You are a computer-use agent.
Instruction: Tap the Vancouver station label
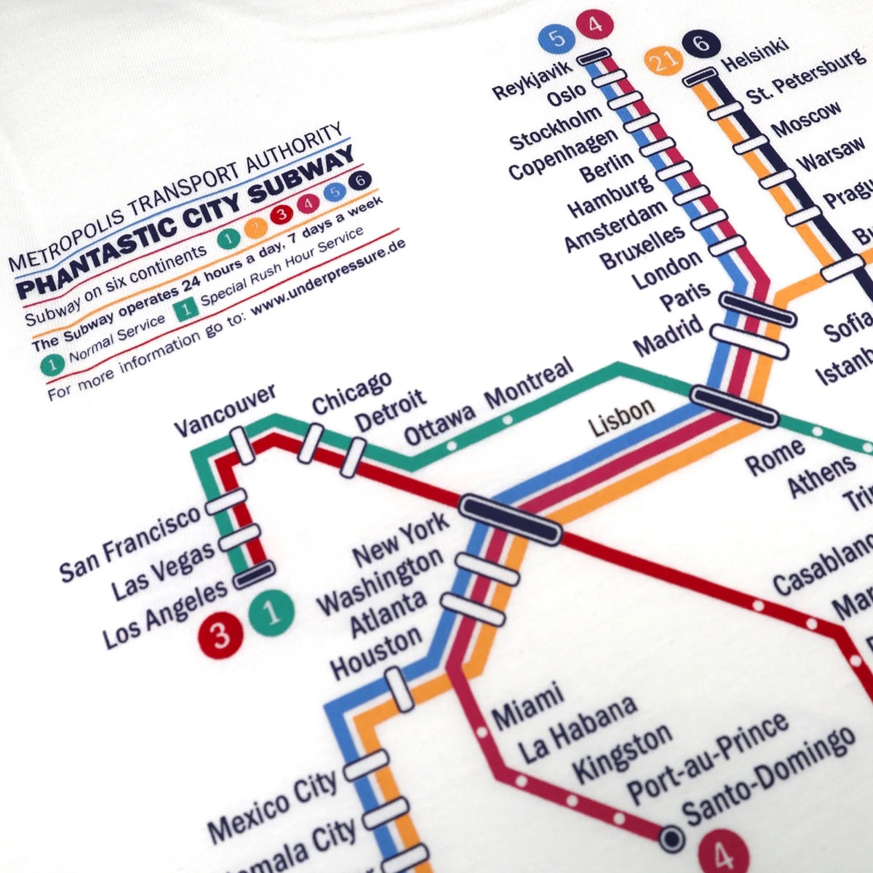(x=225, y=412)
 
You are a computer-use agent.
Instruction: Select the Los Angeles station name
(x=164, y=615)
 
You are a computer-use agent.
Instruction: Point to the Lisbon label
(x=622, y=418)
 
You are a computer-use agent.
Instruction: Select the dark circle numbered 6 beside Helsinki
(x=701, y=44)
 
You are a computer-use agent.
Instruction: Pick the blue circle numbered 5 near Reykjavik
(x=559, y=38)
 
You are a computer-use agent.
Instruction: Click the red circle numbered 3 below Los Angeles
(x=219, y=633)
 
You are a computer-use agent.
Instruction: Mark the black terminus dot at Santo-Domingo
(x=671, y=839)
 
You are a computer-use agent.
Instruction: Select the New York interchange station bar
(x=512, y=519)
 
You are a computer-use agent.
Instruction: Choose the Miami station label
(x=529, y=705)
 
